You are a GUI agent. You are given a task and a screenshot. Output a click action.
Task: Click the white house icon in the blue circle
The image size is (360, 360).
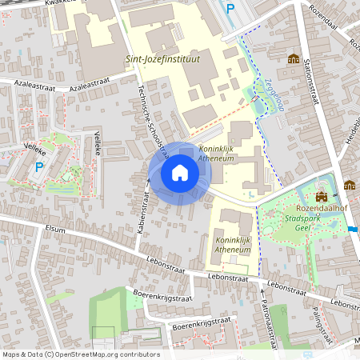tap(180, 173)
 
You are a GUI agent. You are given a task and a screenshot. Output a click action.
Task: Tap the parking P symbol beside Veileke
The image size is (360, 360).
tap(39, 167)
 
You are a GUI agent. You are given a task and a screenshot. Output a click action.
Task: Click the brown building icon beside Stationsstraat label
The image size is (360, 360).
tap(294, 58)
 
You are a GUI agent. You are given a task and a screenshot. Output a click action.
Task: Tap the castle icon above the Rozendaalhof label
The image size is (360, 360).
tap(322, 197)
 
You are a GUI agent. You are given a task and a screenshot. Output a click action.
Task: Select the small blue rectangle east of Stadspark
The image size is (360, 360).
tap(354, 230)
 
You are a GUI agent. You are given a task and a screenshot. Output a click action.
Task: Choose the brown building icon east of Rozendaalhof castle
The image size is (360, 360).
tap(350, 185)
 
